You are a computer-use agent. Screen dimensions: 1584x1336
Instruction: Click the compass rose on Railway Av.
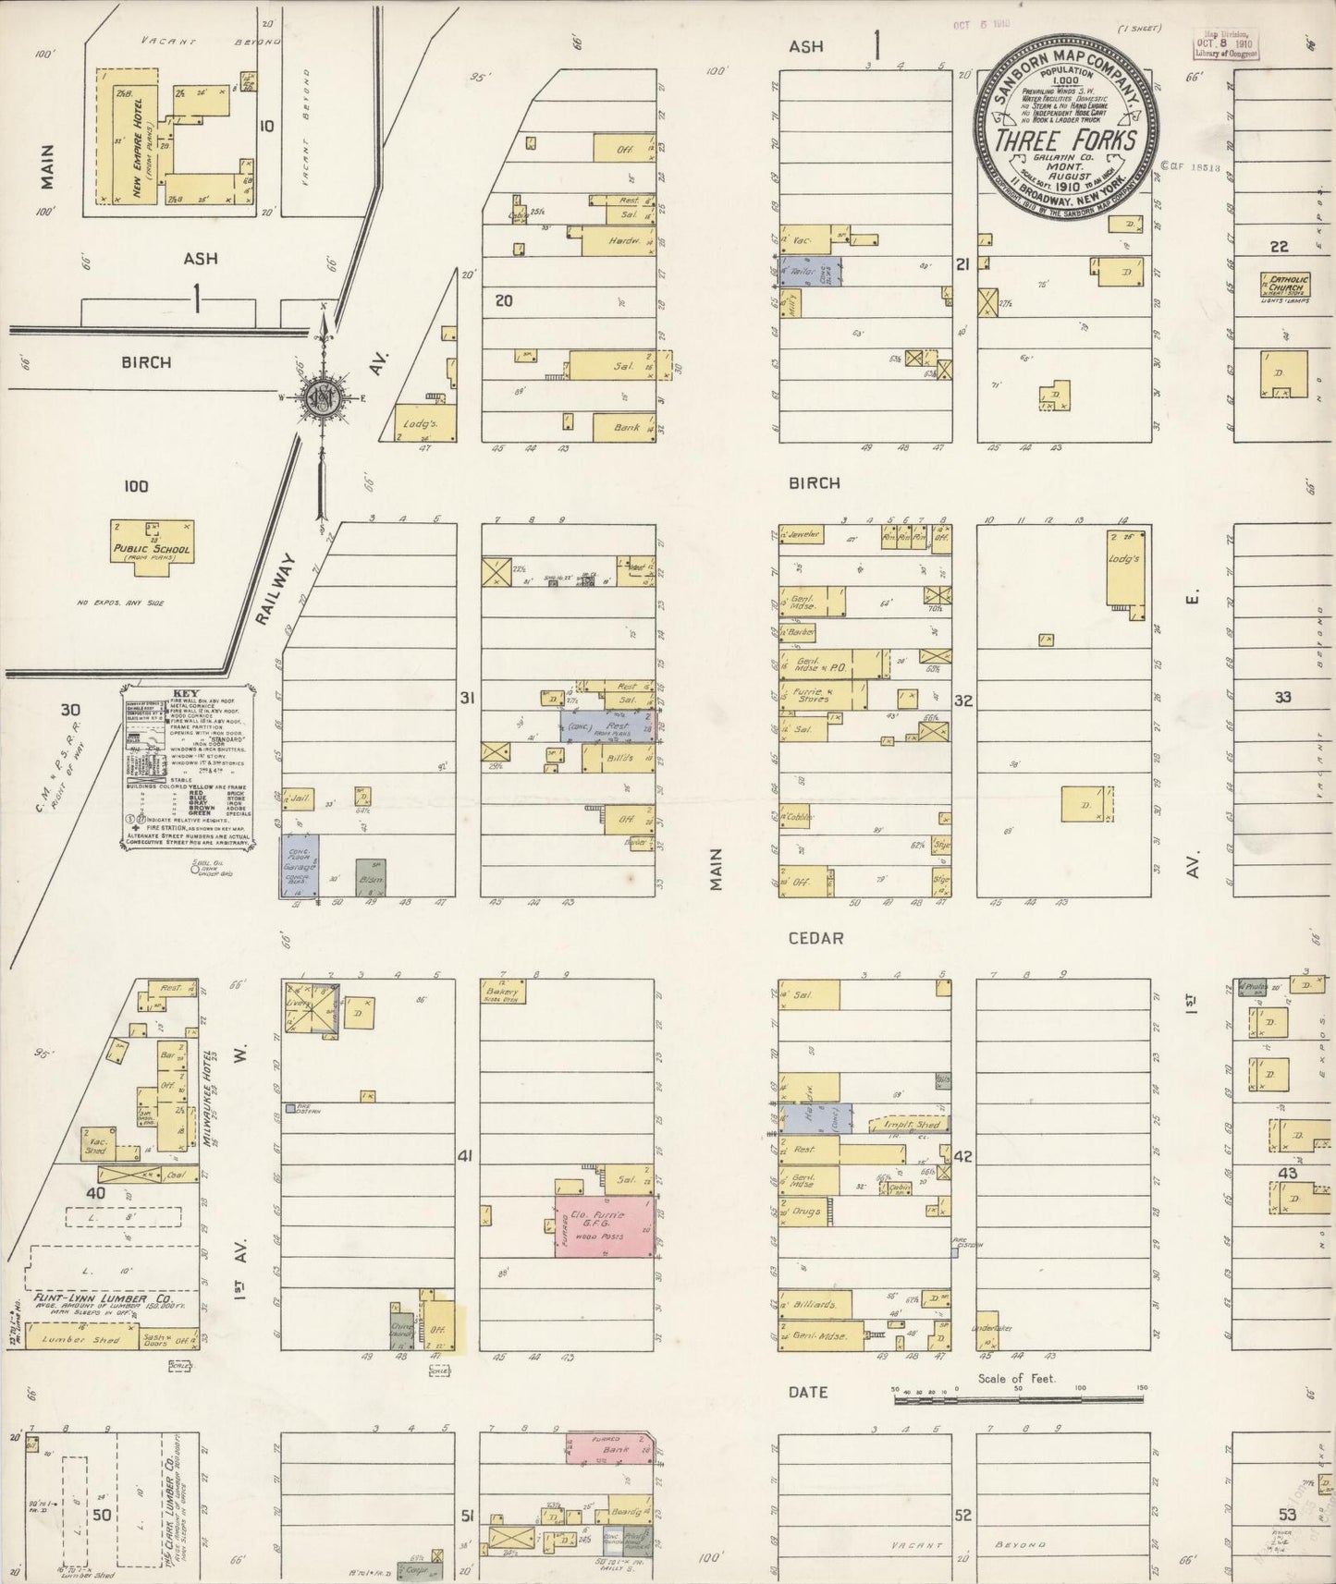point(322,397)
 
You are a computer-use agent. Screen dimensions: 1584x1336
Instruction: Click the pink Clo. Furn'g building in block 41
point(606,1226)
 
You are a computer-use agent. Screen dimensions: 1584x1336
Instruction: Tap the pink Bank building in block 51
point(610,1449)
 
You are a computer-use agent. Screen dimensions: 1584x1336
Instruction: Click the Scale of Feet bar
point(1017,1400)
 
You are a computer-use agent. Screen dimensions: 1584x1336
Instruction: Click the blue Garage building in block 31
point(300,866)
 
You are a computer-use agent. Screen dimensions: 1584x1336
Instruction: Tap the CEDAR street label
point(815,938)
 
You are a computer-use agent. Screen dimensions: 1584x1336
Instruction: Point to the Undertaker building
point(987,1324)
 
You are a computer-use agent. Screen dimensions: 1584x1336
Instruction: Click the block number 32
point(962,701)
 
